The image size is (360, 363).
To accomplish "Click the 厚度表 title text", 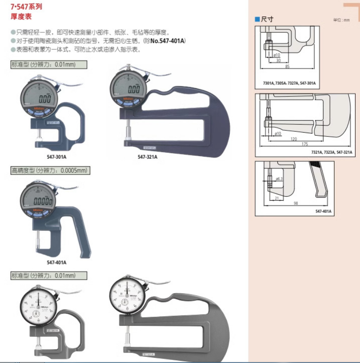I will coord(21,17).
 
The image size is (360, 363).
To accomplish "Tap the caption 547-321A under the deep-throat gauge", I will coord(147,157).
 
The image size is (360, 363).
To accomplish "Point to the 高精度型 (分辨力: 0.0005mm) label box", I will coord(50,171).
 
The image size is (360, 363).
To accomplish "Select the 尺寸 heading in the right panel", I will coord(267,19).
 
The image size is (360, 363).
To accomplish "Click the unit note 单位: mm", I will coord(341,20).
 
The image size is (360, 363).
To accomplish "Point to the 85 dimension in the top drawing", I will coord(287,67).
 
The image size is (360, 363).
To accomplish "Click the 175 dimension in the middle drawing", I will coord(304,144).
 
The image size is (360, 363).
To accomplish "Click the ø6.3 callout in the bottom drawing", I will coord(279,179).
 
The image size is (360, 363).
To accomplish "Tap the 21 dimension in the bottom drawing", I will coord(277,198).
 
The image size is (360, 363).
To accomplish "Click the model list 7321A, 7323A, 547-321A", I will coord(332,152).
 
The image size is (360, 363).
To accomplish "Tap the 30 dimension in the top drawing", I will coord(278,61).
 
